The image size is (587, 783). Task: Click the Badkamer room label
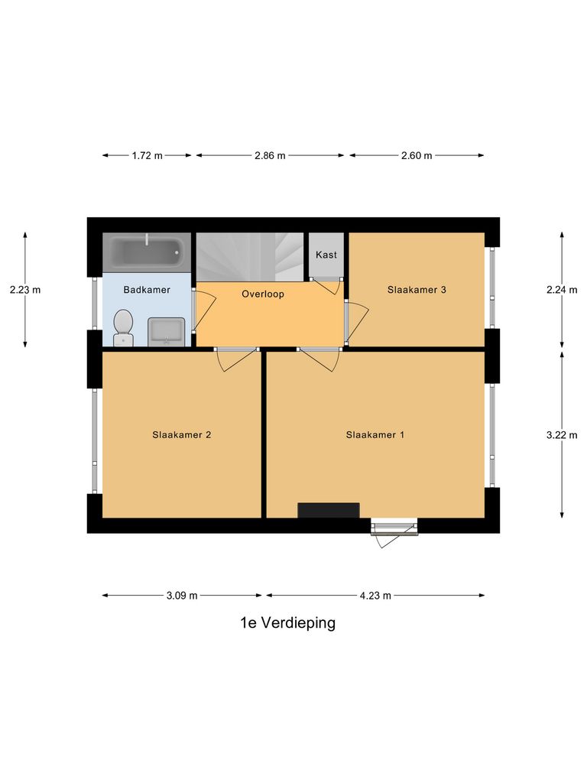147,290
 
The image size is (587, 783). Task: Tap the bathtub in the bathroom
147,251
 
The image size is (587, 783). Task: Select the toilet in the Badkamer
122,328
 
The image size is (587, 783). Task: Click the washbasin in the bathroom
165,332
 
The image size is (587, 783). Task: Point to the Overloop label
263,294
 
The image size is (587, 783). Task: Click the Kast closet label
326,255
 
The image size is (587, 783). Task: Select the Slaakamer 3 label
417,290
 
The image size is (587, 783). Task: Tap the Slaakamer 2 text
182,435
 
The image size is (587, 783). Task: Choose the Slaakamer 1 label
375,435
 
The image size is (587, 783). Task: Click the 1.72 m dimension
147,155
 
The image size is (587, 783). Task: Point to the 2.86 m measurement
270,155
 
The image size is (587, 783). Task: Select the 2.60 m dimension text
417,155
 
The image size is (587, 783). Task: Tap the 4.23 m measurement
375,596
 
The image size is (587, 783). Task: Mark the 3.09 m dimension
182,596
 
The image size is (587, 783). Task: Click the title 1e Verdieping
287,623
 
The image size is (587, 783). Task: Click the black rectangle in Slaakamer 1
328,510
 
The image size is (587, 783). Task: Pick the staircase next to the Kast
251,257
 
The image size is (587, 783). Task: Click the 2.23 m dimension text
25,290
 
